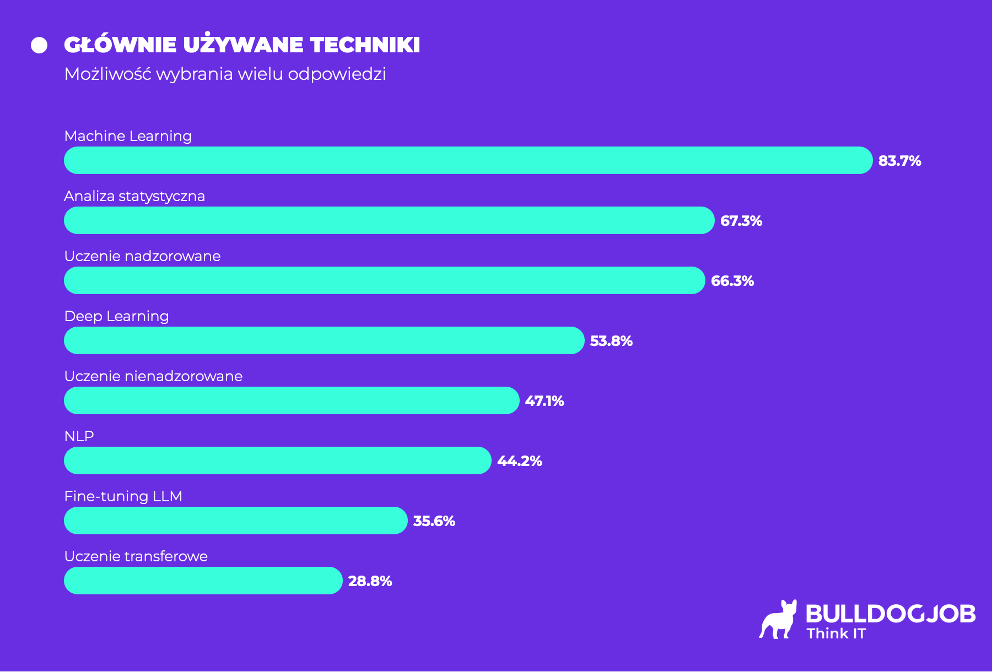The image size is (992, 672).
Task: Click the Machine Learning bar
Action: (x=468, y=160)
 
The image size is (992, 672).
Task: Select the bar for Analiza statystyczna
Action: (x=389, y=220)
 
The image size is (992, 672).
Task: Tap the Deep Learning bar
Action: (x=324, y=340)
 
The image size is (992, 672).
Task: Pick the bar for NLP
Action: (x=277, y=460)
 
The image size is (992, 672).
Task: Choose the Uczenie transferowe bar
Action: (x=203, y=581)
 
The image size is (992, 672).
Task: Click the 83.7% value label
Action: (x=899, y=161)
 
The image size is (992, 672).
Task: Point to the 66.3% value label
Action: (x=732, y=281)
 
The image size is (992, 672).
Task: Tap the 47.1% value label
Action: (x=544, y=401)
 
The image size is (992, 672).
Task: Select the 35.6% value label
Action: (x=434, y=521)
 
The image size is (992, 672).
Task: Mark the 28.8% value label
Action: (x=370, y=581)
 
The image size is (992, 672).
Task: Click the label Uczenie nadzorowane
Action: (x=142, y=256)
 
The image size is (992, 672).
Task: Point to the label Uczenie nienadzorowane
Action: (x=153, y=376)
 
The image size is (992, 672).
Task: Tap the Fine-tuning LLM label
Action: (x=123, y=496)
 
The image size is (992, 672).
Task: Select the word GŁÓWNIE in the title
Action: (x=120, y=45)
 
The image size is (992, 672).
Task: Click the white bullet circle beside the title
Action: (x=39, y=45)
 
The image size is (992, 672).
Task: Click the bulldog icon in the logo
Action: (x=779, y=620)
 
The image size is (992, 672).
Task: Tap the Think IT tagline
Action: (x=836, y=633)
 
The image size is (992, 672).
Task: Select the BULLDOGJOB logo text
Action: (x=890, y=614)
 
